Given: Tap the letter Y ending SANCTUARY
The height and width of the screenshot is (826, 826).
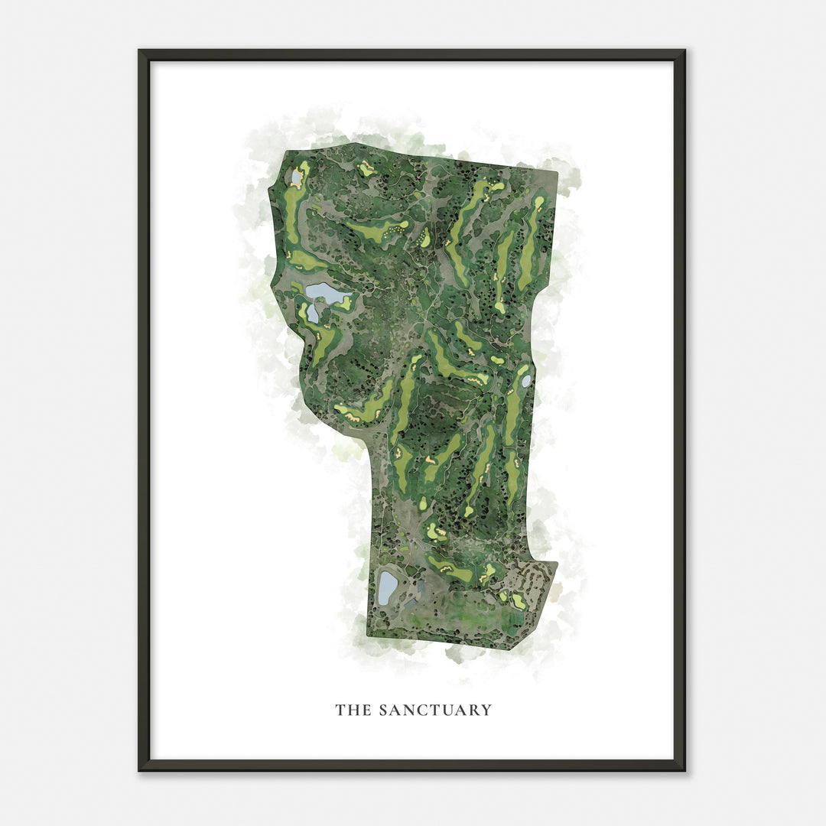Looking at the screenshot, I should point(486,711).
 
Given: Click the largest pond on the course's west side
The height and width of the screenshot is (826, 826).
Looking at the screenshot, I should point(325,292).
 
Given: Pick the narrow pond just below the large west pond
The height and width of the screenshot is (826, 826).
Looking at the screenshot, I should point(313,313).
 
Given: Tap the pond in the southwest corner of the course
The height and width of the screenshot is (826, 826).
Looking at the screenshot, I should point(387,587).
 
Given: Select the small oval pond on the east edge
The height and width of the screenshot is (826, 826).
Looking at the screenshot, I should point(526,380).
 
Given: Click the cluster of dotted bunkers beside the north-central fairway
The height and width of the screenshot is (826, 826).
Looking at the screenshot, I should point(395,227).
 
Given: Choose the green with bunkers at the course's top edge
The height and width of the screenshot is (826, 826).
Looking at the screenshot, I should point(368,169).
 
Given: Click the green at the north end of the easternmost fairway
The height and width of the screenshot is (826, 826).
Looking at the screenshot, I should point(539,203).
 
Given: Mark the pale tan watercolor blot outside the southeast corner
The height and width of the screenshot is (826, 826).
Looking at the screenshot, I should point(557,589).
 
